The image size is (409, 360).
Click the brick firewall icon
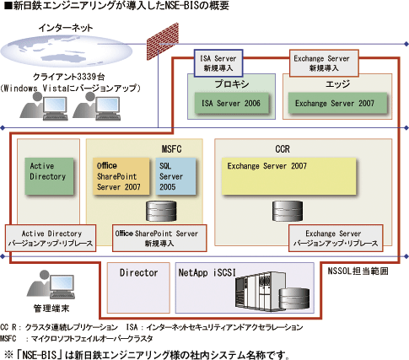pos(163,41)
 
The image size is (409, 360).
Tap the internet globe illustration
pos(66,51)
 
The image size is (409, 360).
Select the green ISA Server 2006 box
pos(232,104)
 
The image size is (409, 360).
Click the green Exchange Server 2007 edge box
pos(337,104)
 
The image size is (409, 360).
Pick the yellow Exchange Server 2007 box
pos(289,176)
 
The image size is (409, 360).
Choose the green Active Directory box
pos(49,176)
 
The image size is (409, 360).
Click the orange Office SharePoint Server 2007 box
pos(121,176)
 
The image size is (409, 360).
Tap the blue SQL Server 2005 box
pos(175,176)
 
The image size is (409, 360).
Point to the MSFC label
pos(171,149)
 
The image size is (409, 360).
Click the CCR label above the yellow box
pos(283,149)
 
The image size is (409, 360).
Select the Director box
pos(138,287)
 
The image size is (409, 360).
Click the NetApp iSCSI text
pos(207,272)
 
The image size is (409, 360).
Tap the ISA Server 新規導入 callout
pos(218,63)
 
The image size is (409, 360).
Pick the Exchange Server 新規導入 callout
pos(324,63)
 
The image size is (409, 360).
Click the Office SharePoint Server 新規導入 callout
pos(159,238)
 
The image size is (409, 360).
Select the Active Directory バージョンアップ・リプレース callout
pos(51,238)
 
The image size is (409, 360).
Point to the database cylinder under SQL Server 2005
pos(161,211)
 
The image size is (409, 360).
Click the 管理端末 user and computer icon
pos(51,285)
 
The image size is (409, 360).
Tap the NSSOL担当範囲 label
pos(358,271)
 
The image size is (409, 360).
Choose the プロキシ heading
pos(232,84)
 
